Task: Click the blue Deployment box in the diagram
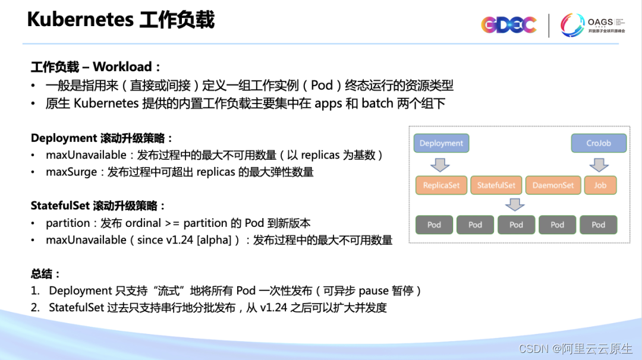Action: tap(441, 143)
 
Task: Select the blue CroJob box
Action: tap(599, 143)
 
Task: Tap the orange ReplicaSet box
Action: tap(441, 185)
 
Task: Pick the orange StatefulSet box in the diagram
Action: tap(496, 185)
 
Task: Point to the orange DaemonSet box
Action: tap(553, 185)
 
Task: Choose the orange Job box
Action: tap(600, 185)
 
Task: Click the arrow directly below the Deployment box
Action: tap(440, 164)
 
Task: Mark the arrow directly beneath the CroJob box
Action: tap(598, 164)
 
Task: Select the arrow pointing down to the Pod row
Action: tap(515, 204)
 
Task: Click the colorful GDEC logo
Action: tap(508, 25)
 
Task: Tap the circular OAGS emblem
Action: tap(572, 25)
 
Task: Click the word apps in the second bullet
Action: tap(328, 103)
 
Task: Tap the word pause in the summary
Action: tap(374, 291)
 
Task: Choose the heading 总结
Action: tap(45, 274)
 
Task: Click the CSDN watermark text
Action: tap(533, 349)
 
